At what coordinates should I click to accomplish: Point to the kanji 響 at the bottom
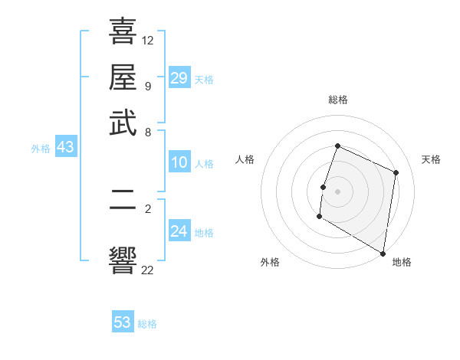tap(123, 260)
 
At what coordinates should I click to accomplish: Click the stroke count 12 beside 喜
tap(148, 40)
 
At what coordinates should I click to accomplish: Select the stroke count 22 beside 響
tap(148, 269)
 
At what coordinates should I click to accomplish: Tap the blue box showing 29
tap(179, 77)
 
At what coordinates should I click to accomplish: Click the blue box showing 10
tap(179, 162)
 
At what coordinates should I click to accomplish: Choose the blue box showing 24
tap(179, 231)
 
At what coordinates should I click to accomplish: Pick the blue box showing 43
tap(65, 148)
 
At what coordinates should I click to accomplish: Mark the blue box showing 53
tap(123, 322)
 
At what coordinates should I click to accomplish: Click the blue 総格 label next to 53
tap(147, 324)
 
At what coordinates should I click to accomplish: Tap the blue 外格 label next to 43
tap(41, 149)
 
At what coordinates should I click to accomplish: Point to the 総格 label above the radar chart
tap(338, 100)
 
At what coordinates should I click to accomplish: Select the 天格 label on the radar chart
tap(431, 159)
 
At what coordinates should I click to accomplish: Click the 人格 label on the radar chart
tap(245, 159)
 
